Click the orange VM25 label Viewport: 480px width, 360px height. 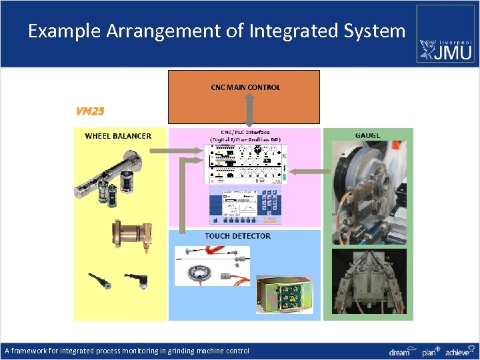coord(90,111)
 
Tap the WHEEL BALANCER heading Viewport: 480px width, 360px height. coord(118,136)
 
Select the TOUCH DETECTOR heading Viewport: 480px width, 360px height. coord(237,236)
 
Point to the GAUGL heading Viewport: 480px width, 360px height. coord(367,136)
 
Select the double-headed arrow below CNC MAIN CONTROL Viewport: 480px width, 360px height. coord(249,111)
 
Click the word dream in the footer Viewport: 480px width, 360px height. coord(399,351)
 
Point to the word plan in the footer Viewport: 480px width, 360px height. coord(430,351)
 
